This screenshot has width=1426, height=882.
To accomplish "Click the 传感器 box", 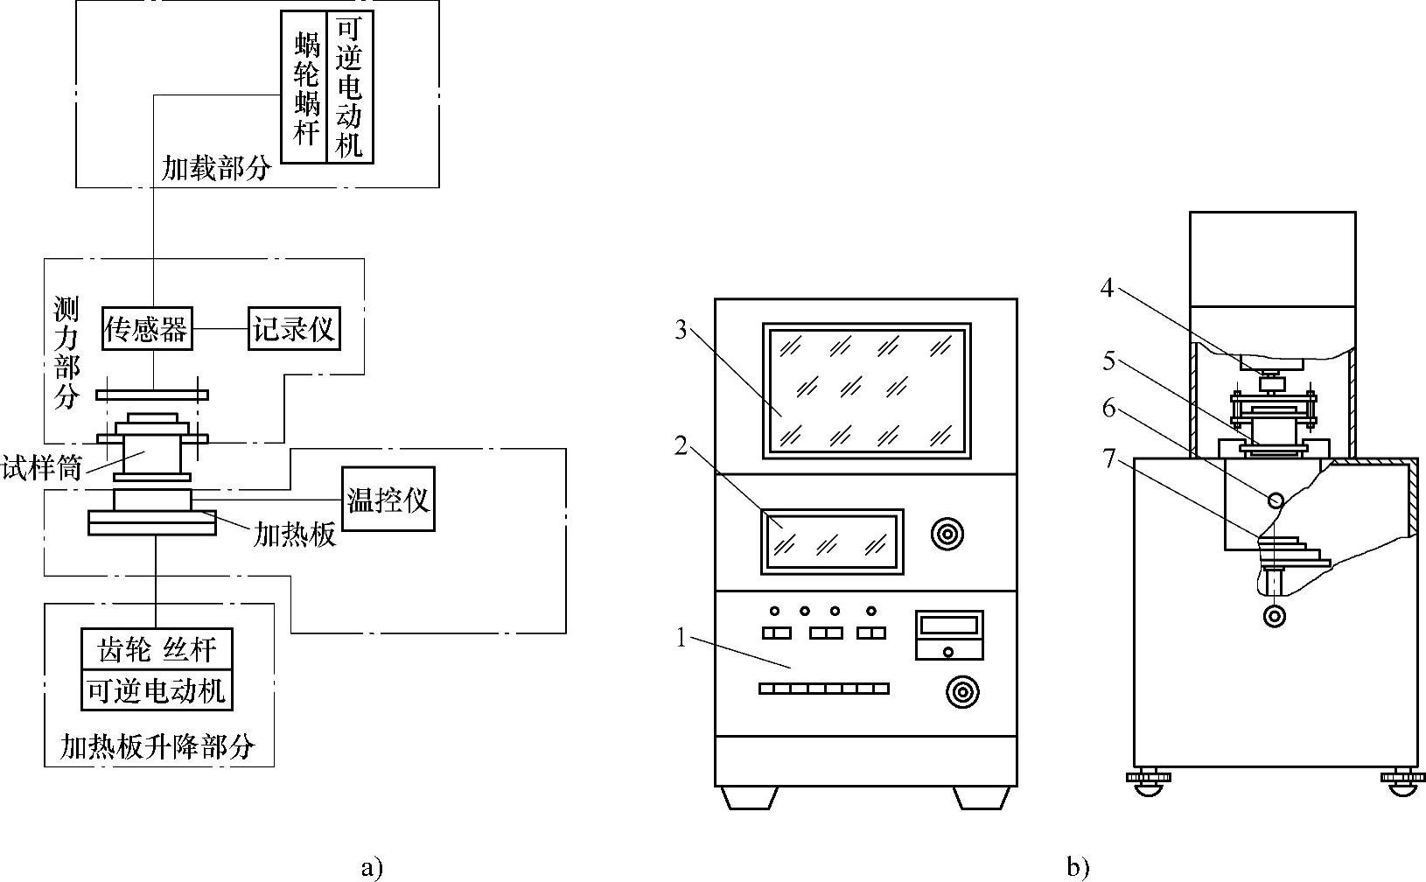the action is (x=147, y=329).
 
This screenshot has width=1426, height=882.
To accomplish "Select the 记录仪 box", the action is (x=294, y=329).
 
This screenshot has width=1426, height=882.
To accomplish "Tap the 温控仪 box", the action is (x=388, y=500).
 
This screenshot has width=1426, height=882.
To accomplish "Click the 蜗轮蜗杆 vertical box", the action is (x=304, y=87).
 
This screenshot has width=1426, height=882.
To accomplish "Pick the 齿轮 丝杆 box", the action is (x=157, y=649).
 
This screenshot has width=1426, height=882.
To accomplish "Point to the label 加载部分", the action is (x=216, y=168).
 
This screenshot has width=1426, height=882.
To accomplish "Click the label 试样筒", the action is (x=42, y=468).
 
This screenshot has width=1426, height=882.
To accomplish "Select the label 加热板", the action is (x=294, y=534).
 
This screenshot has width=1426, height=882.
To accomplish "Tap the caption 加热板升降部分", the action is (x=157, y=745).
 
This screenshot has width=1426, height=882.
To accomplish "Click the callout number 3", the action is (x=681, y=329).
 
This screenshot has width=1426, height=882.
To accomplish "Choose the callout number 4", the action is (x=1108, y=288).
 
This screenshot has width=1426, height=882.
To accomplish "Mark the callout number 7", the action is (x=1109, y=458).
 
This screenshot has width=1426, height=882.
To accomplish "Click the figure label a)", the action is (x=372, y=867).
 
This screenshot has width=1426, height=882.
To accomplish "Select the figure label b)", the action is (x=1078, y=867).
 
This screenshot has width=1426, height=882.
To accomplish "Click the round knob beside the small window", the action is (x=947, y=535).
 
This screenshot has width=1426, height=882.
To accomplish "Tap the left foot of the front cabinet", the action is (x=749, y=797).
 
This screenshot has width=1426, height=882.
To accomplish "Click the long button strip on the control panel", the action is (x=824, y=689).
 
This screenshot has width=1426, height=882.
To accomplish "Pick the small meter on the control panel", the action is (x=949, y=635).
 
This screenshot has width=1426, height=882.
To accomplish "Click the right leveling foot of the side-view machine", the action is (x=1402, y=782).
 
